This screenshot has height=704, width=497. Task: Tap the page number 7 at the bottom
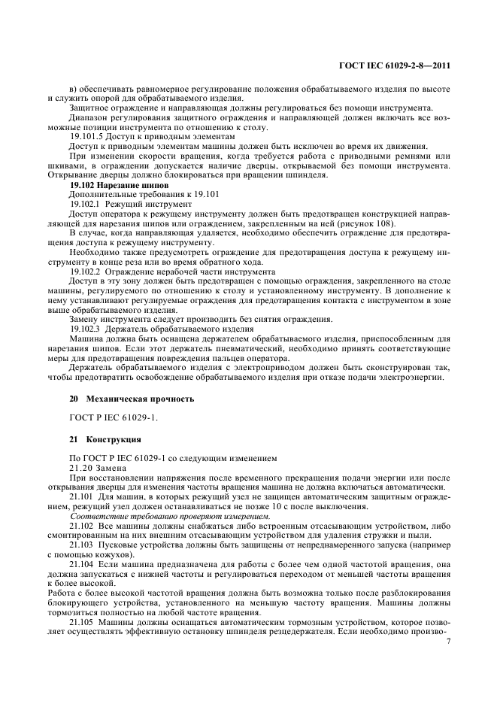click(x=448, y=641)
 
